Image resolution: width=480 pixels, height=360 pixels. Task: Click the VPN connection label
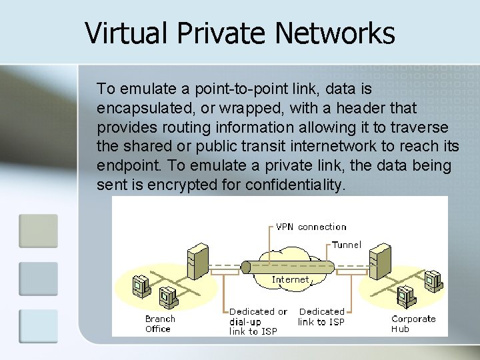(x=311, y=227)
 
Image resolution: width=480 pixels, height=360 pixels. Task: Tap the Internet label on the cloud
(x=291, y=280)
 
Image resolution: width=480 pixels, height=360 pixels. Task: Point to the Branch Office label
(x=160, y=323)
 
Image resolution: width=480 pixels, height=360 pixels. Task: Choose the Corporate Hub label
(x=413, y=323)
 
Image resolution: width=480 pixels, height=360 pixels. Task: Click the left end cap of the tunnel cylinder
(x=245, y=267)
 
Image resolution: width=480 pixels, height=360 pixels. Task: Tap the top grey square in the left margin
(x=39, y=231)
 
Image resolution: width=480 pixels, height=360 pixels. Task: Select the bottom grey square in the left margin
(x=39, y=326)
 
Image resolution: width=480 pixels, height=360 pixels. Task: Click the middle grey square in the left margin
(x=39, y=279)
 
